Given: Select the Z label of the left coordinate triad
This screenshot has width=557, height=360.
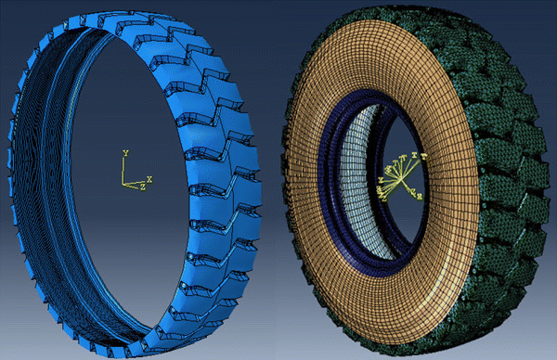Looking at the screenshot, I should point(142,186).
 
